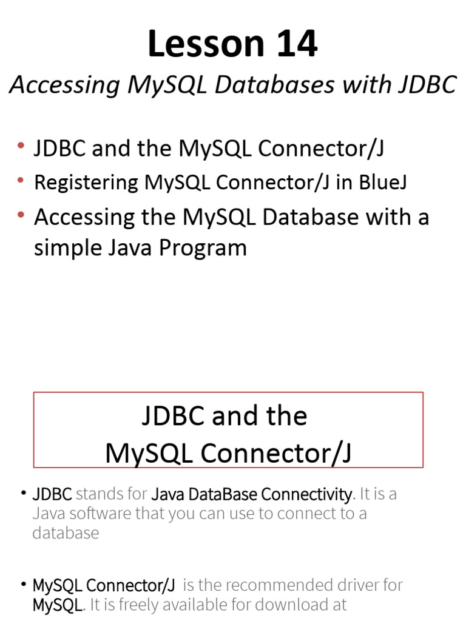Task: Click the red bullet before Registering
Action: (21, 180)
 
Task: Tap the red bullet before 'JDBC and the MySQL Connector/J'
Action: (21, 146)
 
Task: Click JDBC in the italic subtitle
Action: (428, 85)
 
